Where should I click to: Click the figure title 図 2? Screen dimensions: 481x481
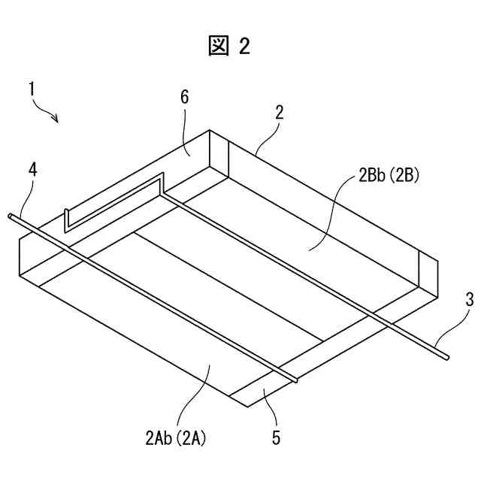[228, 47]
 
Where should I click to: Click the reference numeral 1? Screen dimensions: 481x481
[32, 89]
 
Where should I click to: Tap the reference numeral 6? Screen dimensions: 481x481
[185, 98]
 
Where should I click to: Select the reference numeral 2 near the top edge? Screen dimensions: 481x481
[279, 113]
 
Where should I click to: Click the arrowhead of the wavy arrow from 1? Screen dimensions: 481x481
[57, 119]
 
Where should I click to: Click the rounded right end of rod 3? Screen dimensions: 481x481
[446, 355]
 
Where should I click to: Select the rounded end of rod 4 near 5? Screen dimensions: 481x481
[295, 380]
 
